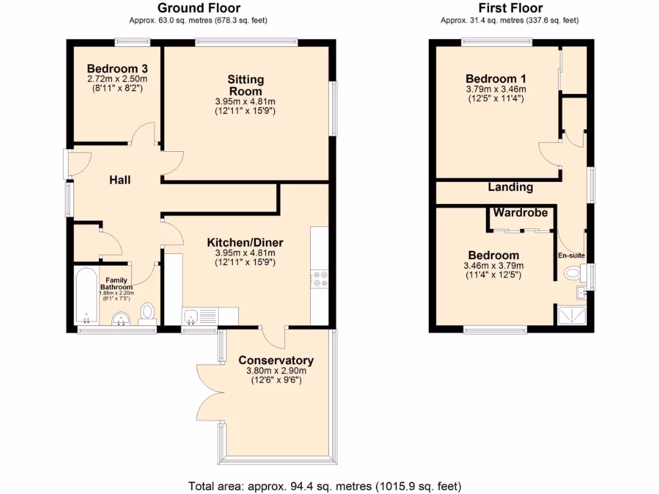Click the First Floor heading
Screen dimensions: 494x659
(510, 8)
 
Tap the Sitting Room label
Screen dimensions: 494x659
(245, 85)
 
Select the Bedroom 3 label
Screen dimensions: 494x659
(113, 69)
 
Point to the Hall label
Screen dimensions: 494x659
(120, 180)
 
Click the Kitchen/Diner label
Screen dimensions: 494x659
(245, 242)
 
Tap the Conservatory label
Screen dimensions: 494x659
(275, 360)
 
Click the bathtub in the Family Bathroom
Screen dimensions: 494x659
(86, 297)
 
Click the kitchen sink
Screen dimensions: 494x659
(191, 316)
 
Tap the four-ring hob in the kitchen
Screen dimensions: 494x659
(319, 279)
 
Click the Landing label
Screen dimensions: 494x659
(510, 187)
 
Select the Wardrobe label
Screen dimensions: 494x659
(521, 212)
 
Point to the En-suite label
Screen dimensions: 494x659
(571, 255)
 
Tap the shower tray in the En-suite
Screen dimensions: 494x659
(570, 315)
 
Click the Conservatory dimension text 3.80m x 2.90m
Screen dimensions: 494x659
(275, 370)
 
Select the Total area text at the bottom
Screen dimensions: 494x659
(324, 486)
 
